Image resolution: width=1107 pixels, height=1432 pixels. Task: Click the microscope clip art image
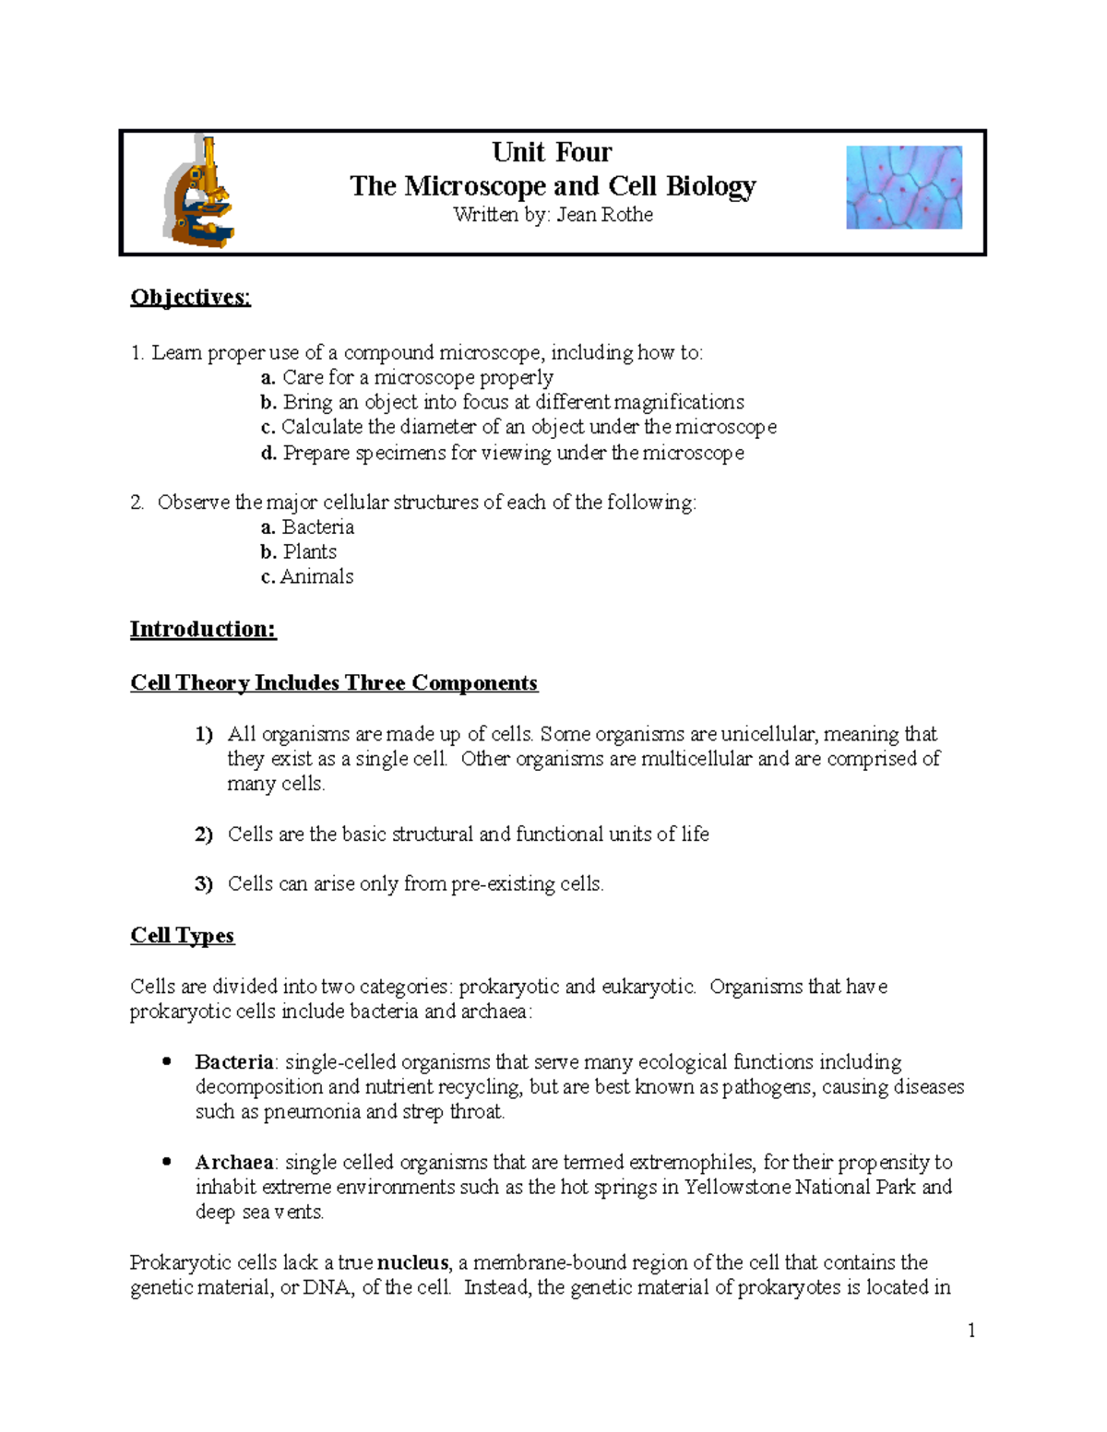(x=199, y=192)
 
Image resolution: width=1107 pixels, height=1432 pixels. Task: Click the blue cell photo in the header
(x=904, y=187)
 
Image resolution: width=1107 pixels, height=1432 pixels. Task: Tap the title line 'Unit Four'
(x=552, y=152)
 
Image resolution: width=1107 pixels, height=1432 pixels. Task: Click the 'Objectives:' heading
(x=190, y=297)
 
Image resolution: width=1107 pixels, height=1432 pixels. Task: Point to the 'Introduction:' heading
(x=203, y=629)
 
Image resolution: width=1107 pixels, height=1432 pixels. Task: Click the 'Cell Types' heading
(x=183, y=935)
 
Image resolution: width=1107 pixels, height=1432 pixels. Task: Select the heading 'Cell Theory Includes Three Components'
(x=334, y=682)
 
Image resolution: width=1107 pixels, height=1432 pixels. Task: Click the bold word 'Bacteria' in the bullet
(x=234, y=1061)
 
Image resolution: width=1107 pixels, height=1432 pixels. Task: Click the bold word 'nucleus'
(x=412, y=1261)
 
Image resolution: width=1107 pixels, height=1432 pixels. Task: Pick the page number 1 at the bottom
(x=970, y=1330)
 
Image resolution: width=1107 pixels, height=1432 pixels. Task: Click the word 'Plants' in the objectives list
(x=310, y=551)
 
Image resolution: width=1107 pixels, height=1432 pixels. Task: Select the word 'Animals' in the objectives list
(x=317, y=576)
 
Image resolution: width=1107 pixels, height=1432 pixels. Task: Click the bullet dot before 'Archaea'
(x=167, y=1162)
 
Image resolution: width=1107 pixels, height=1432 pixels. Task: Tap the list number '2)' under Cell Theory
(x=204, y=834)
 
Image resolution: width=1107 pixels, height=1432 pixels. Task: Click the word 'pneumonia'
(x=313, y=1111)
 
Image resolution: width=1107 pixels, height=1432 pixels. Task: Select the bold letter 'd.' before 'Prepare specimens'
(x=268, y=453)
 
